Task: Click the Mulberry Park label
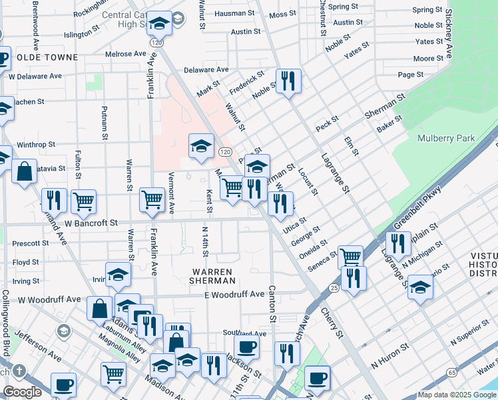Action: point(446,138)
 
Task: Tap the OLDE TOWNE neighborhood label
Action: point(47,57)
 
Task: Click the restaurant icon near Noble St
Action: point(288,81)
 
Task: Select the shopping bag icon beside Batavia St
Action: point(24,171)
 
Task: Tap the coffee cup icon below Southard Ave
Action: point(246,347)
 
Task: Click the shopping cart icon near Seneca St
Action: point(350,257)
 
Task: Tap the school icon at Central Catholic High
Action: point(159,24)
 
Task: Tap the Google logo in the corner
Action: point(23,392)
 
